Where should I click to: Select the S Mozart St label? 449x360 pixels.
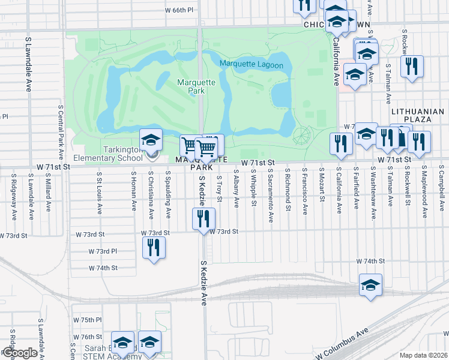point(322,189)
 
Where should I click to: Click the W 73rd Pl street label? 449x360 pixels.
point(102,251)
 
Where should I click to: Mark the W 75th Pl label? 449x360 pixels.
point(88,320)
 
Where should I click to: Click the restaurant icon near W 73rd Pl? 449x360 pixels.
point(154,247)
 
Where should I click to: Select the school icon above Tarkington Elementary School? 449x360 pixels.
point(151,140)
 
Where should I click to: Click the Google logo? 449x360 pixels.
point(19,353)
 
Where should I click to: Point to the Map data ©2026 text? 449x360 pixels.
point(423,355)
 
